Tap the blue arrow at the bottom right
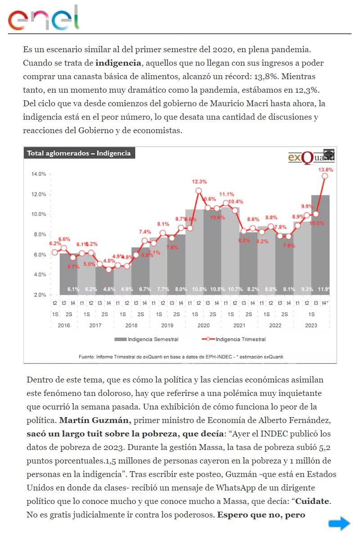point(339,523)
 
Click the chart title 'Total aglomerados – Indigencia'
point(79,153)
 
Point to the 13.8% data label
point(326,170)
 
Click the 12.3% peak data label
point(199,182)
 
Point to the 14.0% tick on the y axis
point(38,174)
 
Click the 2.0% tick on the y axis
point(40,295)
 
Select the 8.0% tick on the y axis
point(40,234)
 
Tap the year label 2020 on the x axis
point(203,325)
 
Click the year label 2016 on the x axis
point(64,325)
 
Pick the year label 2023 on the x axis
point(310,325)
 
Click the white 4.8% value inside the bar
point(109,289)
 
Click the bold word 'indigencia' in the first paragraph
point(118,63)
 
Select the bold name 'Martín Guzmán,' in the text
point(95,421)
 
